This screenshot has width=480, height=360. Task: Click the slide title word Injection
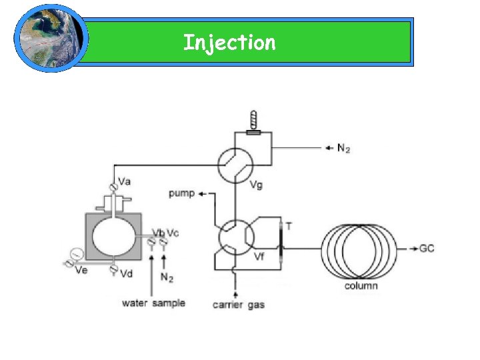pos(229,43)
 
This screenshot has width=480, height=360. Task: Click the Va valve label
pos(125,181)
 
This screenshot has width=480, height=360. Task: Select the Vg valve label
pos(255,185)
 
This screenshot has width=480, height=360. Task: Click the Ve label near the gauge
pos(81,269)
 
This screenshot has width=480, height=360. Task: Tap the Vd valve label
pos(126,274)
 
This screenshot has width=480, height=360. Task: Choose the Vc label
pos(173,233)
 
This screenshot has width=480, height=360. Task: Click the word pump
pos(181,193)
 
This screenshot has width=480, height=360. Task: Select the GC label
pos(427,248)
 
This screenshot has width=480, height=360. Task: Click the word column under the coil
pos(361,286)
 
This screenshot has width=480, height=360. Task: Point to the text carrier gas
pos(238,305)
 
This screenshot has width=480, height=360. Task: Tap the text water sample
pos(153,303)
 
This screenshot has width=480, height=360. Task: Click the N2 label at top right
pos(343,148)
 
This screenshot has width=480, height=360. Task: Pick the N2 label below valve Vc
pos(167,277)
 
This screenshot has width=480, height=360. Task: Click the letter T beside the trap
pos(288,226)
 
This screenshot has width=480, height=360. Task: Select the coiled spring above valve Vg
pos(253,120)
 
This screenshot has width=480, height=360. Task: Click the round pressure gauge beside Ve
pos(75,254)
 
